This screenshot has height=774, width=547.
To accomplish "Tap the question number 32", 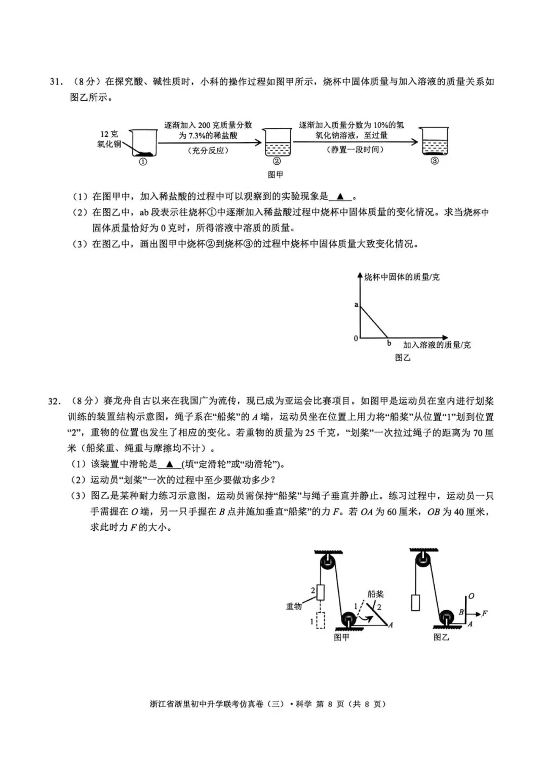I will coord(55,401).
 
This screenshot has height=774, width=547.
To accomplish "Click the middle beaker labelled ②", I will coord(278,144).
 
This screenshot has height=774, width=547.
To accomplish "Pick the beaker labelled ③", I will coord(435,142).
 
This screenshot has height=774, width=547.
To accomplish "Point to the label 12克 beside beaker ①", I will coord(109,134).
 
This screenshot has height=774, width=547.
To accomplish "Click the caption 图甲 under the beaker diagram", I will coord(275,174).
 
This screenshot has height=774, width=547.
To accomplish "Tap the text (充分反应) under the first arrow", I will coord(208,151).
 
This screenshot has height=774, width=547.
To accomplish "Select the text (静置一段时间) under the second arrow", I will coord(355,150).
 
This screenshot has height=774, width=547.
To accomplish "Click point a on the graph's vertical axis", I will coord(356,305).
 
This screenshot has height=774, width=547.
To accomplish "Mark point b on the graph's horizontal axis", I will coord(389,343).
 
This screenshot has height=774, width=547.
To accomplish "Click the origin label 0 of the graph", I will coord(356,338).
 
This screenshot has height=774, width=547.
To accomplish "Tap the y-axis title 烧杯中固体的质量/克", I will coord(402,277).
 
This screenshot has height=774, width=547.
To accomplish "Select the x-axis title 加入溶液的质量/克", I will coord(437,345).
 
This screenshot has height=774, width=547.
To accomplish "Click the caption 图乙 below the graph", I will coord(403,357).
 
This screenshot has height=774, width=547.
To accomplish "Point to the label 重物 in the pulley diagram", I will coord(294,606).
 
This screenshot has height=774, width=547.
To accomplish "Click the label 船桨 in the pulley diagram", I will coord(375,594).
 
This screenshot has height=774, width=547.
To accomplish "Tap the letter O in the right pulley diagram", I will coord(471,596).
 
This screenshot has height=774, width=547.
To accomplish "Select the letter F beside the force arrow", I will coord(485,613).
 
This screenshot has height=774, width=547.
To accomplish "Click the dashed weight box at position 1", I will coord(320,620).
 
